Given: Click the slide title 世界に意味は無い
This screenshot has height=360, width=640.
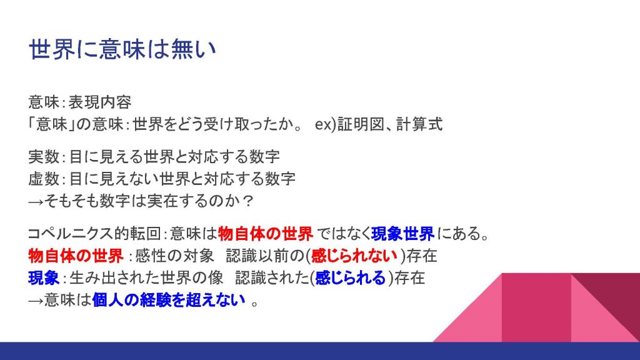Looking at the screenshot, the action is (122, 50).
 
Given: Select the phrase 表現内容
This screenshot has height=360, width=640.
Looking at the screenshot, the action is (100, 102).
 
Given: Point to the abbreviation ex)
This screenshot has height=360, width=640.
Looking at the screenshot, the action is (325, 124).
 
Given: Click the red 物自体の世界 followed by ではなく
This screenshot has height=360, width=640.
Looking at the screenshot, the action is (266, 234).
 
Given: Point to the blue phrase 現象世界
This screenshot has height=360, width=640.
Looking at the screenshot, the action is (403, 234).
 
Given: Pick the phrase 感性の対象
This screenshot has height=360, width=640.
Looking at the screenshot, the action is (174, 256).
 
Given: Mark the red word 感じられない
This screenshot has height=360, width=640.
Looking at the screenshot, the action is (354, 256).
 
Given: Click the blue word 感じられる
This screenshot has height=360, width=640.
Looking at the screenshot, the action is (350, 278).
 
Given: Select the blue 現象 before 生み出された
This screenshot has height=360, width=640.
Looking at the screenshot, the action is (44, 278).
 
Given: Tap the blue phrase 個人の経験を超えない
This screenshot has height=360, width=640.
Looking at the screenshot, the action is (169, 300).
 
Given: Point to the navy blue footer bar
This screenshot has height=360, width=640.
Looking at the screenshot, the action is (320, 351).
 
